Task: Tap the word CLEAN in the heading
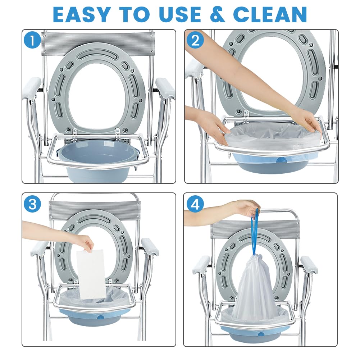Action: point(270,14)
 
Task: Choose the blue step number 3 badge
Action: point(32,204)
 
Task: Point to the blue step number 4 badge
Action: point(195,204)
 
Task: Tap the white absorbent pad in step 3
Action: point(91,274)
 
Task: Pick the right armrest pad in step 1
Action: point(165,88)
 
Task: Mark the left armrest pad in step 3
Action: point(39,248)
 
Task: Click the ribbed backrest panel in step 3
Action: point(95,210)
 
